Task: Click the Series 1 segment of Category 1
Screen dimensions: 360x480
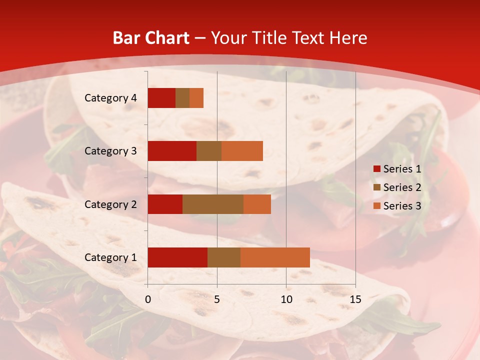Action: pyautogui.click(x=177, y=257)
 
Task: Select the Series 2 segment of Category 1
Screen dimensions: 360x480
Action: pyautogui.click(x=224, y=257)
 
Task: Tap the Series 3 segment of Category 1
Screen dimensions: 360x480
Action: pyautogui.click(x=275, y=257)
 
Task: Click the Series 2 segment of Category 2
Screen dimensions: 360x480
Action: pyautogui.click(x=213, y=204)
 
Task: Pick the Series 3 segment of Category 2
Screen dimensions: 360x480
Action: pyautogui.click(x=257, y=204)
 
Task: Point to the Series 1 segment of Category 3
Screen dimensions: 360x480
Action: pyautogui.click(x=172, y=151)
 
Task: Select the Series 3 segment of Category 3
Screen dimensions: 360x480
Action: pyautogui.click(x=242, y=151)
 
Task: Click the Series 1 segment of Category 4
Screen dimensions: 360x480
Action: pyautogui.click(x=161, y=98)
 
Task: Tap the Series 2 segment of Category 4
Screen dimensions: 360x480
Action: pyautogui.click(x=182, y=98)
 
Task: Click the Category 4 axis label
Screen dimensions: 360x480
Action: pyautogui.click(x=110, y=98)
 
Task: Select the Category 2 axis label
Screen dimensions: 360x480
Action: pyautogui.click(x=110, y=204)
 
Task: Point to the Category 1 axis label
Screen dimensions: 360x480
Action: pyautogui.click(x=110, y=257)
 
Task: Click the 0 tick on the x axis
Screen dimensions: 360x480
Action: pyautogui.click(x=148, y=299)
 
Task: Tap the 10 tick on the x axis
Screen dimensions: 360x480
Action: pyautogui.click(x=286, y=299)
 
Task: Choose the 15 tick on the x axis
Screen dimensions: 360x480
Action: pyautogui.click(x=355, y=299)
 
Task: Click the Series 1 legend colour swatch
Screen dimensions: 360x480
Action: pyautogui.click(x=376, y=169)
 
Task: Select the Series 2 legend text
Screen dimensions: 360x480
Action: pyautogui.click(x=402, y=187)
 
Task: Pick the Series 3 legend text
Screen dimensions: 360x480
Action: pyautogui.click(x=402, y=206)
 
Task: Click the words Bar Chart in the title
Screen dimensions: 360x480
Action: pyautogui.click(x=151, y=38)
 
